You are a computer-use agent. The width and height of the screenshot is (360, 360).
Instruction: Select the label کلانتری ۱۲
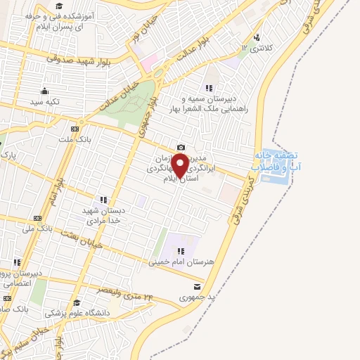coord(254,47)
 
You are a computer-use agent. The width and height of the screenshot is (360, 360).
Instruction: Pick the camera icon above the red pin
coord(181,147)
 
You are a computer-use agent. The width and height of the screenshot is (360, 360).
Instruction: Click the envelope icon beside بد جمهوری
coord(196,286)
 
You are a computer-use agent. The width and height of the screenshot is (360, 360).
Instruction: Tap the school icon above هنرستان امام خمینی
coord(181,250)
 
